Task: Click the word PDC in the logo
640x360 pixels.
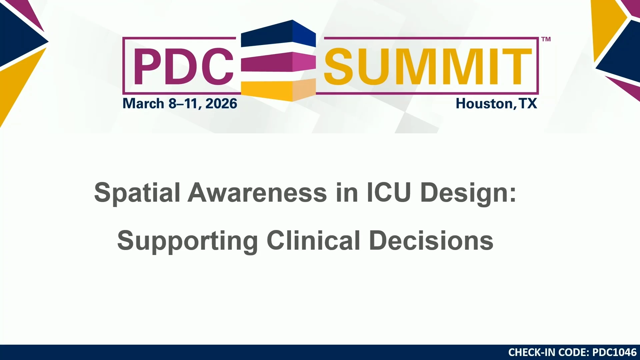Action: point(184,66)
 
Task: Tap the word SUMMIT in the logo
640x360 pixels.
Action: point(428,66)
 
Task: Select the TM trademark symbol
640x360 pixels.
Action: point(546,39)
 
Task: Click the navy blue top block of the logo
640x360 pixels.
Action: point(278,33)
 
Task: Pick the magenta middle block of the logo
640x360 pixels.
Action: point(278,62)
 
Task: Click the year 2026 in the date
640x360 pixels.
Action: point(221,104)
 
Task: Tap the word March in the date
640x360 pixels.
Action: point(143,104)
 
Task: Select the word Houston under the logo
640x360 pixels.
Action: point(484,104)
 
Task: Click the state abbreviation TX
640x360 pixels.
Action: point(528,104)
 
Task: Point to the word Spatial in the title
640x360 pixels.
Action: point(137,193)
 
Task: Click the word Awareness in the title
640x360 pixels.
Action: point(257,193)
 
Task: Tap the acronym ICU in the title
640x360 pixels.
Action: point(389,192)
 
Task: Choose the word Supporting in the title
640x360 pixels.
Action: point(188,241)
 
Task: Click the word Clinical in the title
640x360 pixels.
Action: point(313,240)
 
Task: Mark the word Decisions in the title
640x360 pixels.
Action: point(431,240)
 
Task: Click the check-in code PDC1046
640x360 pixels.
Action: point(614,352)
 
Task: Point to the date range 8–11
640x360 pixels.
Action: point(185,104)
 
